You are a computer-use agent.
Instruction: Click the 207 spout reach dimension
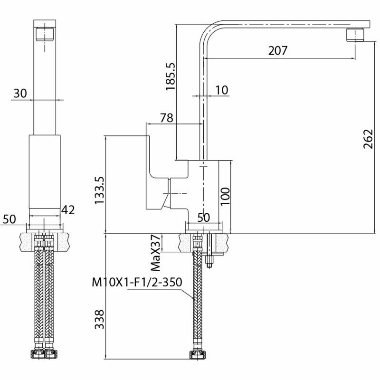point(277,50)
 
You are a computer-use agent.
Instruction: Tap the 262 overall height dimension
point(368,139)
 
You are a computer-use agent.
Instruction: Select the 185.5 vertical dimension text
point(170,76)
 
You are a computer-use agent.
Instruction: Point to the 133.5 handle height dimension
point(99,190)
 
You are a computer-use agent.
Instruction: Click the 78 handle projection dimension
point(167,118)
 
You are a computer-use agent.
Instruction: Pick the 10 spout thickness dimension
point(222,90)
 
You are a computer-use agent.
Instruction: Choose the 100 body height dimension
point(225,196)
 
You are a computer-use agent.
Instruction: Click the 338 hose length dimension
point(99,319)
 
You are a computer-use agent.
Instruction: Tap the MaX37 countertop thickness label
point(156,253)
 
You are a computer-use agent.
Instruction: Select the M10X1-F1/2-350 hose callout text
point(137,282)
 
